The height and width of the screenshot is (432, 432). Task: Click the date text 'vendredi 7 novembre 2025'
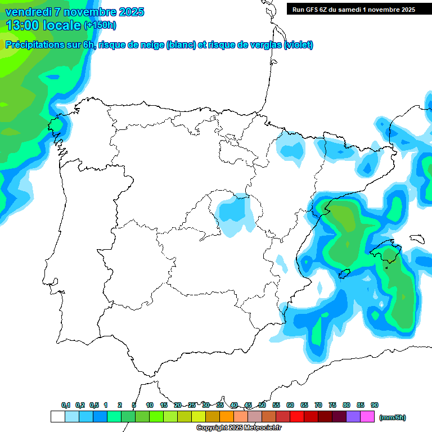click(x=75, y=12)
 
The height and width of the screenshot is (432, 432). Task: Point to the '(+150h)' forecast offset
click(x=100, y=25)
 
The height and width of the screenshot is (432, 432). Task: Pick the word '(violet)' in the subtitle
click(x=299, y=45)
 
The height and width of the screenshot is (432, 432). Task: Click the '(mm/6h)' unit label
click(x=392, y=417)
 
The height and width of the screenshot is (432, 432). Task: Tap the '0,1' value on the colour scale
click(x=66, y=405)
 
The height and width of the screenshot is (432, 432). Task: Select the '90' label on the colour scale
click(x=375, y=405)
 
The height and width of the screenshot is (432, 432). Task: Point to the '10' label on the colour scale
click(x=150, y=405)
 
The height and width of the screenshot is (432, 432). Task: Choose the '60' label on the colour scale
click(x=290, y=405)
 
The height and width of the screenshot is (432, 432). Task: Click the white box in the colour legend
click(x=57, y=417)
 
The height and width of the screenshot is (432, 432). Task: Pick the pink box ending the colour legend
click(x=367, y=417)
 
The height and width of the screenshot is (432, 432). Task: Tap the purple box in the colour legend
click(x=353, y=417)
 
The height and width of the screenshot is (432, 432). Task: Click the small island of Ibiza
click(x=344, y=274)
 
